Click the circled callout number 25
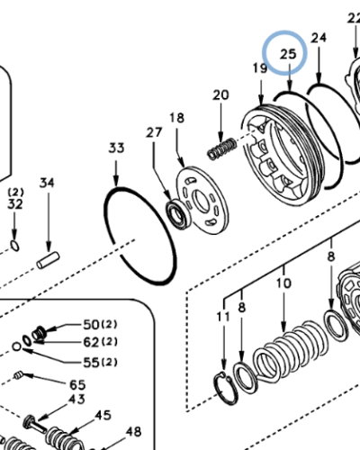click(288, 55)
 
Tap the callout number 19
click(259, 69)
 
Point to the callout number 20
click(220, 94)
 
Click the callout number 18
click(176, 118)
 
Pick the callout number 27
click(155, 134)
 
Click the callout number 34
click(47, 184)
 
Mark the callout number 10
click(283, 283)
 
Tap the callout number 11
click(223, 317)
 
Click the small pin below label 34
click(47, 257)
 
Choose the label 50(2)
click(96, 324)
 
